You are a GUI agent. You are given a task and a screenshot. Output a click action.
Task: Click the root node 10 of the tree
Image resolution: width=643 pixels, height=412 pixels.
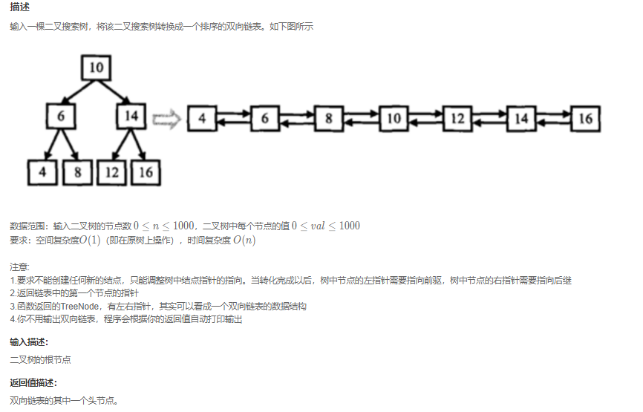96,68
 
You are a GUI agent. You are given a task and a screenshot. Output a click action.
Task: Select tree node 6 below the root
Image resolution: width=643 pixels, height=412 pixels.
61,116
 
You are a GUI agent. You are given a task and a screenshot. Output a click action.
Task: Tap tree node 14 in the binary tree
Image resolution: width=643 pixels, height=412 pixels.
131,116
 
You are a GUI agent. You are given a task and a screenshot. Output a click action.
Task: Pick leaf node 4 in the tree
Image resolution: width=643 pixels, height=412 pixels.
42,172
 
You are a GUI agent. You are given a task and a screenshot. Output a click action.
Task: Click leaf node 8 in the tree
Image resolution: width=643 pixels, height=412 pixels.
77,172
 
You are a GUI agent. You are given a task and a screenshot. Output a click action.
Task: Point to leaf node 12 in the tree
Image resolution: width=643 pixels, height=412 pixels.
111,172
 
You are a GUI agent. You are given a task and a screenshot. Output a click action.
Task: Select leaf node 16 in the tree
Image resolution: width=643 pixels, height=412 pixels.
146,172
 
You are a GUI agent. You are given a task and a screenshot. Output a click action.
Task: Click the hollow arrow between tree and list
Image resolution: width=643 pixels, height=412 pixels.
166,120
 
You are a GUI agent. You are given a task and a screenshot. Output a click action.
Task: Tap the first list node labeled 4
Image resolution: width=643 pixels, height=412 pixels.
202,119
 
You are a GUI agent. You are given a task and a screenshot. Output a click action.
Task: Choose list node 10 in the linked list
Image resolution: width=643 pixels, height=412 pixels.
394,119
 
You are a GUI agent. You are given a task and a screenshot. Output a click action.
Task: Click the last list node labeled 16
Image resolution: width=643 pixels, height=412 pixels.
586,119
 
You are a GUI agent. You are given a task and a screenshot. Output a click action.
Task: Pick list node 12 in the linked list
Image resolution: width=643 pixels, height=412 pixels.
457,119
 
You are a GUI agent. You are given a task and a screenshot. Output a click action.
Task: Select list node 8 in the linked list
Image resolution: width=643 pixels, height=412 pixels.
328,119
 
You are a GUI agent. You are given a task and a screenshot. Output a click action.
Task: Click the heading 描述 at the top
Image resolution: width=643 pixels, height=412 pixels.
20,7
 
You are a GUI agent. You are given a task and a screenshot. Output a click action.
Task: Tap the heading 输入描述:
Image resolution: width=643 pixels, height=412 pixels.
29,342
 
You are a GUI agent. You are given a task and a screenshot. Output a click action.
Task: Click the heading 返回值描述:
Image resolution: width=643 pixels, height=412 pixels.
33,383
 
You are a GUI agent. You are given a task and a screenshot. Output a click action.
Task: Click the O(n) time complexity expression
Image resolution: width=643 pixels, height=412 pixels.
244,241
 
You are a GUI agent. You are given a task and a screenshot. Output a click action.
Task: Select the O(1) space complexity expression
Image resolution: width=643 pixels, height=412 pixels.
90,241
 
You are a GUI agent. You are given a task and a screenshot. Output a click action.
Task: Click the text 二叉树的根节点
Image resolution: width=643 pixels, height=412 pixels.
40,360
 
